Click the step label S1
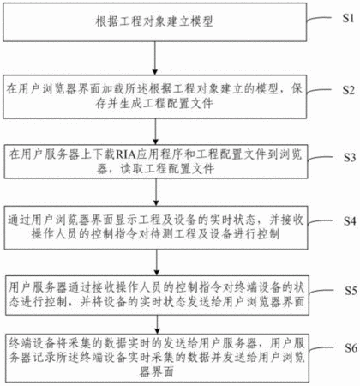pyautogui.click(x=348, y=18)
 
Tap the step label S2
pyautogui.click(x=349, y=90)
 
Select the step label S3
pyautogui.click(x=350, y=157)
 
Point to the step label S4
pyautogui.click(x=350, y=220)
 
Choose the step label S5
pyautogui.click(x=351, y=291)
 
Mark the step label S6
pyautogui.click(x=351, y=347)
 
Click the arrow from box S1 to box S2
pyautogui.click(x=155, y=58)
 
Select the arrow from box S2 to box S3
pyautogui.click(x=155, y=132)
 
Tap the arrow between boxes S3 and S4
pyautogui.click(x=156, y=192)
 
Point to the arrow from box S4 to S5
pyautogui.click(x=156, y=262)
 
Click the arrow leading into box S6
pyautogui.click(x=157, y=324)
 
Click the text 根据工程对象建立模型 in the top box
pyautogui.click(x=154, y=21)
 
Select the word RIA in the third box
pyautogui.click(x=125, y=154)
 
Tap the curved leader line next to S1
pyautogui.click(x=319, y=19)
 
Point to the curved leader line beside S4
pyautogui.click(x=320, y=221)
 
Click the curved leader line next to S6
pyautogui.click(x=321, y=349)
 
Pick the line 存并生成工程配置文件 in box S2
pyautogui.click(x=154, y=103)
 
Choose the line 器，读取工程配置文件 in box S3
pyautogui.click(x=155, y=169)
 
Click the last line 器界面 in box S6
pyautogui.click(x=157, y=371)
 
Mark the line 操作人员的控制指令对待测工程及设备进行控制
pyautogui.click(x=155, y=234)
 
